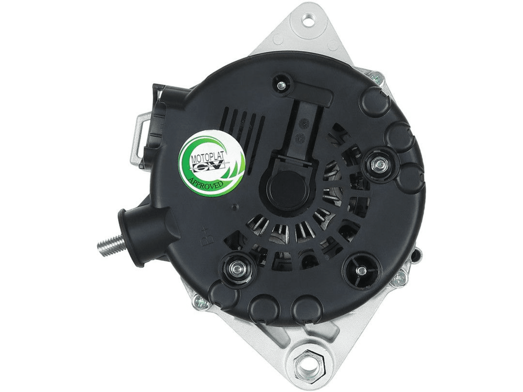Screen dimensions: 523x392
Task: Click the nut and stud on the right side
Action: click(378, 163)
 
